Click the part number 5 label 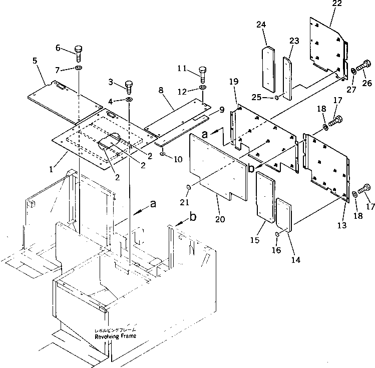pos(35,61)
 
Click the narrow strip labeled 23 pos(289,77)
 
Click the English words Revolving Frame pos(115,337)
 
